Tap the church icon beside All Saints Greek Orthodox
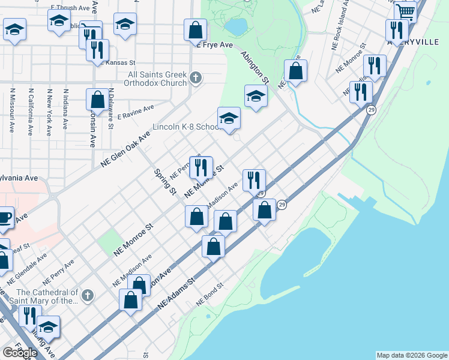(196, 77)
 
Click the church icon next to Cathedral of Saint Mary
(88, 295)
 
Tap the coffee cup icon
(5, 217)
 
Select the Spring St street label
(164, 182)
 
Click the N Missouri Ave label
(11, 111)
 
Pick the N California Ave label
(30, 111)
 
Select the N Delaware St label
(110, 111)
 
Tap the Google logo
(20, 352)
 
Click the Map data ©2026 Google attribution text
(411, 355)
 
